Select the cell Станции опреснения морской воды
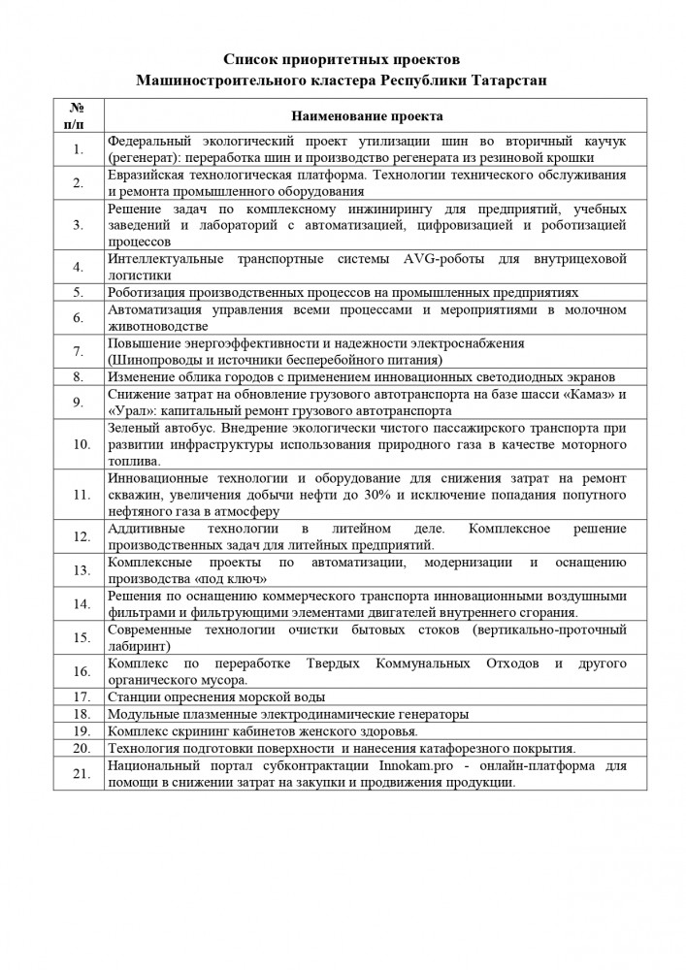point(216,696)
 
